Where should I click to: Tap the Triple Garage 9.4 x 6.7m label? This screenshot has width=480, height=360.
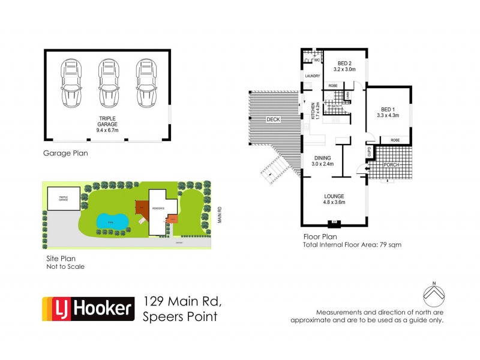[107, 123]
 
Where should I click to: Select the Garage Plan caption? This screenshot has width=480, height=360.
[65, 153]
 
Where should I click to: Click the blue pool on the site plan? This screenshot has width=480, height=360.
[113, 221]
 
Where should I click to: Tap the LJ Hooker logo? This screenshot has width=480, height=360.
[87, 309]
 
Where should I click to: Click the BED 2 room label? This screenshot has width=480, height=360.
[344, 65]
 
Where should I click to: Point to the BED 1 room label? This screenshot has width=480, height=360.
[387, 112]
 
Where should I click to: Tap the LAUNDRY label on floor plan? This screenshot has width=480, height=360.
[313, 76]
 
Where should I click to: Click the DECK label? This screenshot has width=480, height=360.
[274, 120]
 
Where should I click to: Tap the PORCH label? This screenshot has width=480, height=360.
[391, 164]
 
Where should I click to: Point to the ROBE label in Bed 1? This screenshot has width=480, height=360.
[395, 140]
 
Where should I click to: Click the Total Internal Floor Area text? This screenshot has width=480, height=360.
[352, 245]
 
